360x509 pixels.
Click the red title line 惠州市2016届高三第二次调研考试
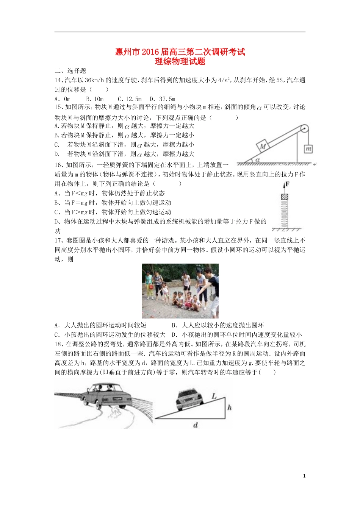click(x=180, y=52)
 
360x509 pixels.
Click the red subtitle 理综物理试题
click(x=180, y=61)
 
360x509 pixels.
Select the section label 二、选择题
click(x=70, y=71)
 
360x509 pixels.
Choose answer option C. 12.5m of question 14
click(x=130, y=99)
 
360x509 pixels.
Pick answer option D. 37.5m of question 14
click(x=163, y=99)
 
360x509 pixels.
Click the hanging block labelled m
click(x=308, y=149)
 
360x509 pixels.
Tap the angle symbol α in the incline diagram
click(x=257, y=160)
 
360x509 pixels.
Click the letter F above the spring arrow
click(x=287, y=184)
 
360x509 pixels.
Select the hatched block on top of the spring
click(x=284, y=197)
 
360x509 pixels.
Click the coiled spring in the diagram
click(x=284, y=214)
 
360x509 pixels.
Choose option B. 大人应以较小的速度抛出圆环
click(x=218, y=325)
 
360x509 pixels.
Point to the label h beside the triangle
click(x=230, y=408)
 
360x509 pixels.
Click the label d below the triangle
click(x=196, y=425)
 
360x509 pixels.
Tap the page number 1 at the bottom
click(x=304, y=476)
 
